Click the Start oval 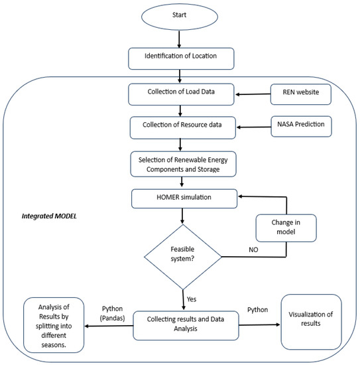click(x=180, y=17)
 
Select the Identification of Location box click(x=181, y=58)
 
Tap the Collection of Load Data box click(x=181, y=94)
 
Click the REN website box click(x=301, y=94)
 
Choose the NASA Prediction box click(x=301, y=126)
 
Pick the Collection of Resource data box click(x=183, y=128)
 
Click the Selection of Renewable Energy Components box click(x=183, y=164)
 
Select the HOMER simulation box click(x=184, y=198)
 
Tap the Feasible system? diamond click(x=183, y=257)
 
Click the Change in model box click(x=286, y=228)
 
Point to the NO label click(x=253, y=250)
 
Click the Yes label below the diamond click(x=192, y=299)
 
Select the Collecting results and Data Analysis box click(x=186, y=325)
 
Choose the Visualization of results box click(x=311, y=322)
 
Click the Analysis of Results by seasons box click(x=54, y=325)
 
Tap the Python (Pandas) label click(x=112, y=313)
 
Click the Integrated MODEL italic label click(x=49, y=216)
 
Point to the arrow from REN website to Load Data click(x=253, y=94)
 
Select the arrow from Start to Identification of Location click(x=179, y=39)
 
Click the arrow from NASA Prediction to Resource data click(x=254, y=127)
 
